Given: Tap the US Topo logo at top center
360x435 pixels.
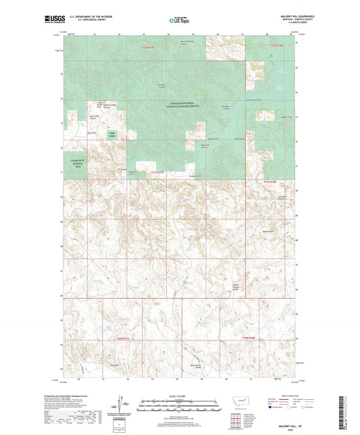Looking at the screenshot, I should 178,21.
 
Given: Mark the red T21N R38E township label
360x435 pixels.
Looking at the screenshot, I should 270,182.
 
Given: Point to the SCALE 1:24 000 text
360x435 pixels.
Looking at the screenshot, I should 180,395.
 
